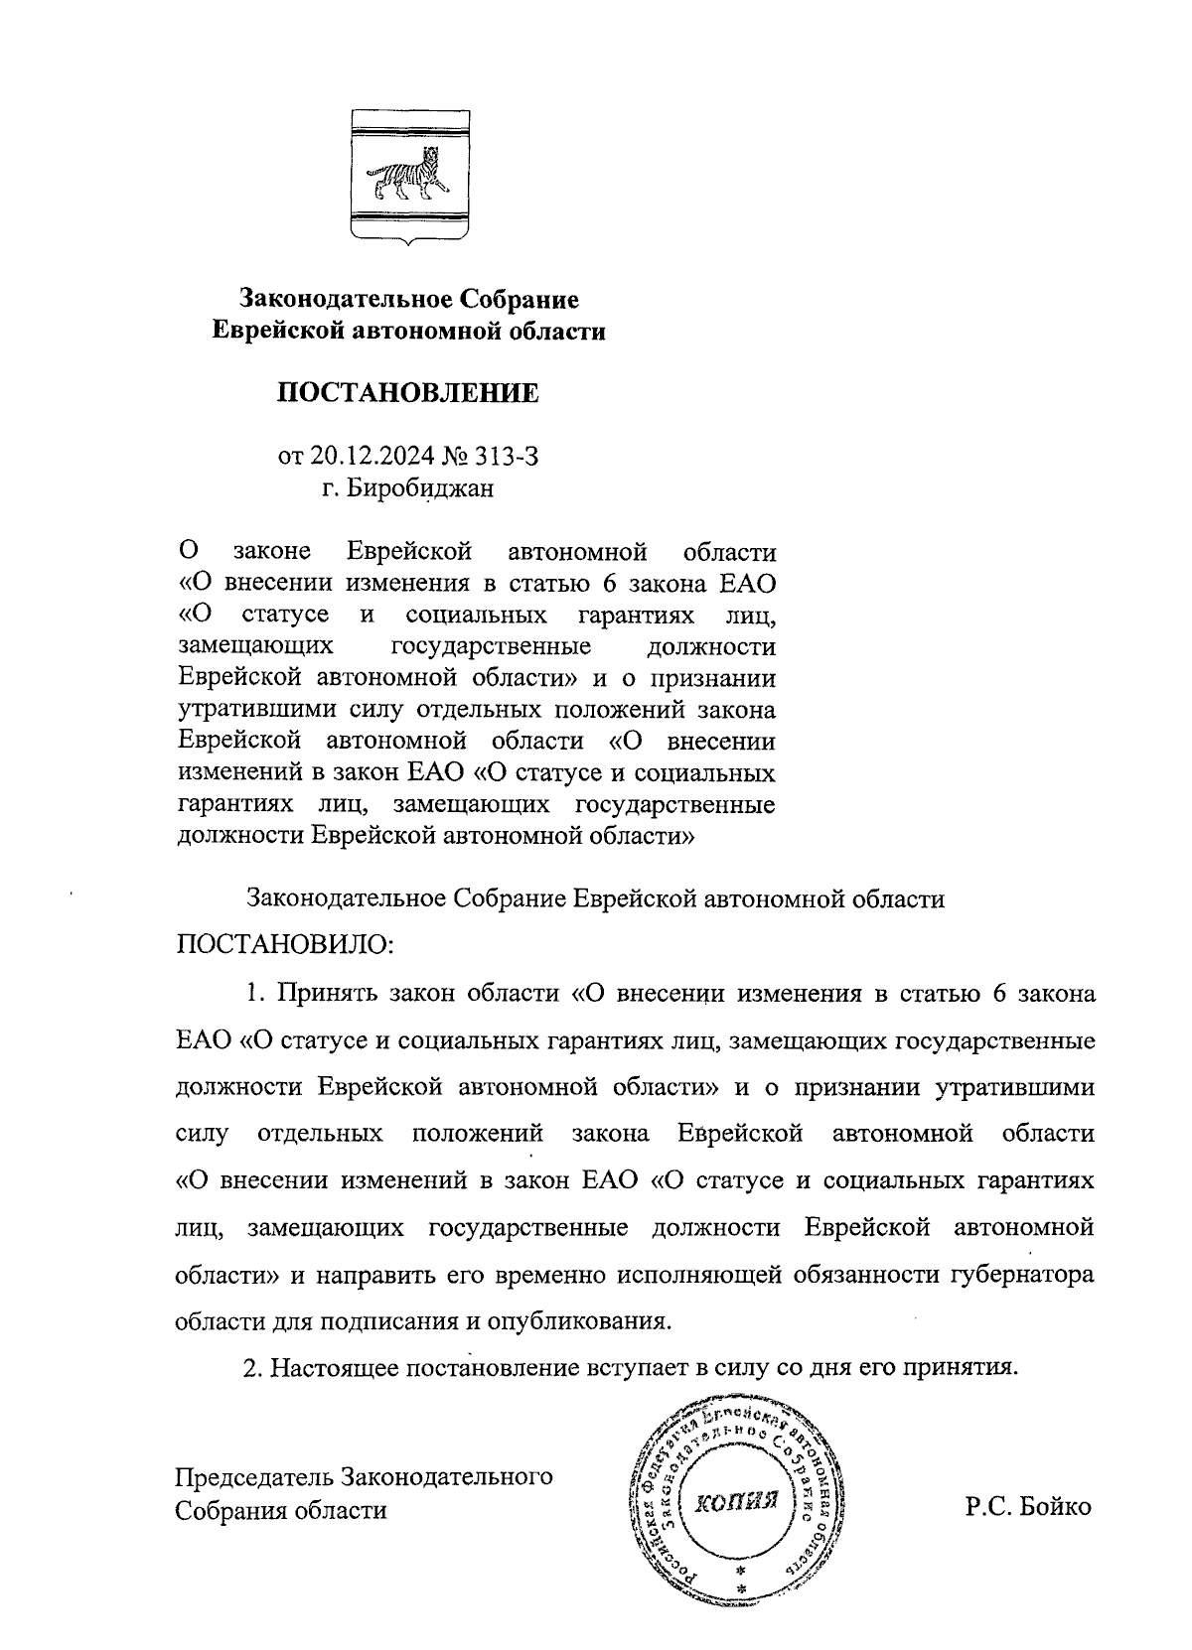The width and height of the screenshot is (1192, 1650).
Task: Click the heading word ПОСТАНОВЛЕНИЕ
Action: point(407,393)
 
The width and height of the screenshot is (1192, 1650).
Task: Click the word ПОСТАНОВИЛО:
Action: point(285,942)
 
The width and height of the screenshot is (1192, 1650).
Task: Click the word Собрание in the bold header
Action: point(517,299)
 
